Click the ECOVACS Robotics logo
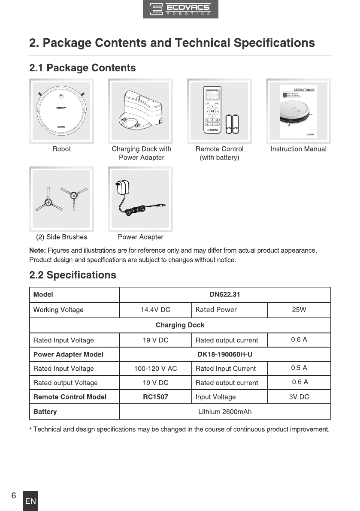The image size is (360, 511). pos(180,9)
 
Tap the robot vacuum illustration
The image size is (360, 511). pos(61,111)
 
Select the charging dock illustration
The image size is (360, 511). pos(141,111)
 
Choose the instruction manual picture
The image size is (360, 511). pos(298,111)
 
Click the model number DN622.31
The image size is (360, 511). pos(224,295)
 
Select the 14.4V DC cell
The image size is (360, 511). pos(155,310)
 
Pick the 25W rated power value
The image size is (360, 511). pos(299,310)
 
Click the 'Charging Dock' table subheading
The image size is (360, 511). pos(180,325)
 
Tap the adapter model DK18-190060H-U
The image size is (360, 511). pos(224,354)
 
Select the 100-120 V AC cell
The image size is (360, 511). pos(155,369)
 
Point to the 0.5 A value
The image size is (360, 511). pos(299,368)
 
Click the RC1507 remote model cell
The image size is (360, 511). pos(155,397)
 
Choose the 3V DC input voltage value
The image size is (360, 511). pos(299,397)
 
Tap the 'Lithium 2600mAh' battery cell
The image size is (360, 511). pos(224,412)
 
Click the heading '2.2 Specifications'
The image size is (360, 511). pos(73,275)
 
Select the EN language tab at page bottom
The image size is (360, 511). pos(30,501)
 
